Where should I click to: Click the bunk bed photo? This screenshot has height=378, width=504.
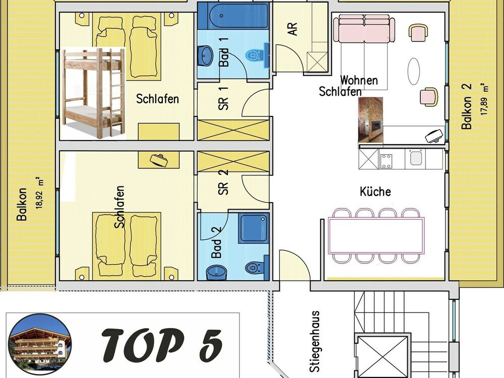[93, 93]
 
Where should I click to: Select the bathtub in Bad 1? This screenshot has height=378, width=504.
[238, 16]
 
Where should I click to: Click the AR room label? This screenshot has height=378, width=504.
[292, 28]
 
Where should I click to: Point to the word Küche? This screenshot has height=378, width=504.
[375, 192]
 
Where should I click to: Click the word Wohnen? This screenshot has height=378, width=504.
[359, 80]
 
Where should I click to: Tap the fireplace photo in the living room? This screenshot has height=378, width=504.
[370, 120]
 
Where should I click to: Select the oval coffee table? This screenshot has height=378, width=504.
[414, 71]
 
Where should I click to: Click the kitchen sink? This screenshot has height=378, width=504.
[416, 158]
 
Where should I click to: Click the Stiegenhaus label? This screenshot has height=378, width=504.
[315, 341]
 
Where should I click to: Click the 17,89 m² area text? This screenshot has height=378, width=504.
[484, 99]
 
